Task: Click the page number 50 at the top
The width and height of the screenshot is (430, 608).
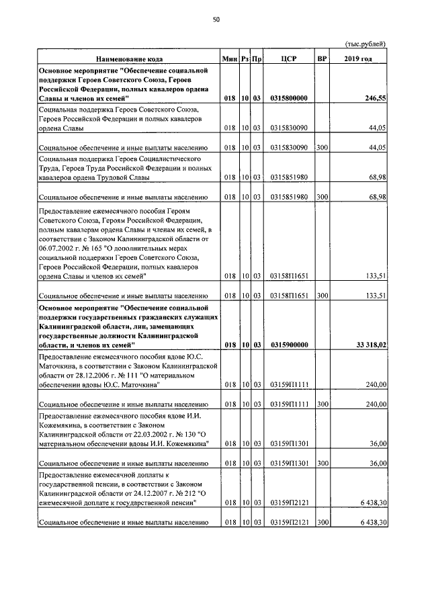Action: [x=216, y=20]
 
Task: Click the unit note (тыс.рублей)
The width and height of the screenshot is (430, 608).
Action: [x=366, y=44]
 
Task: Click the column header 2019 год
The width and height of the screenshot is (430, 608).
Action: [x=357, y=59]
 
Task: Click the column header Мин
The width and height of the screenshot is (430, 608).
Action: [x=230, y=59]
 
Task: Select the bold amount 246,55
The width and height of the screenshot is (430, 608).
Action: [x=374, y=98]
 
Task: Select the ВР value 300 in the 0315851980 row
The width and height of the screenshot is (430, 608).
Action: [x=322, y=197]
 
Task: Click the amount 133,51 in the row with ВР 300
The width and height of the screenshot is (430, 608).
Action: [x=376, y=295]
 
